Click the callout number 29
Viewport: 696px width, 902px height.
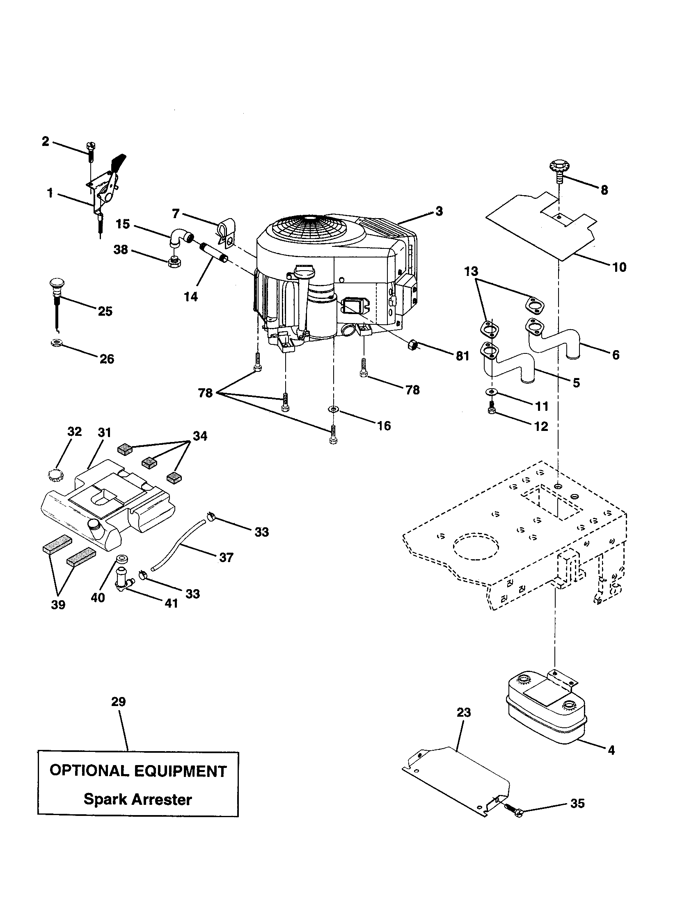118,701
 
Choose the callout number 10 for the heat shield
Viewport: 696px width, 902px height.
619,267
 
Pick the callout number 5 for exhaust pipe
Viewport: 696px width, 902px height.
576,383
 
